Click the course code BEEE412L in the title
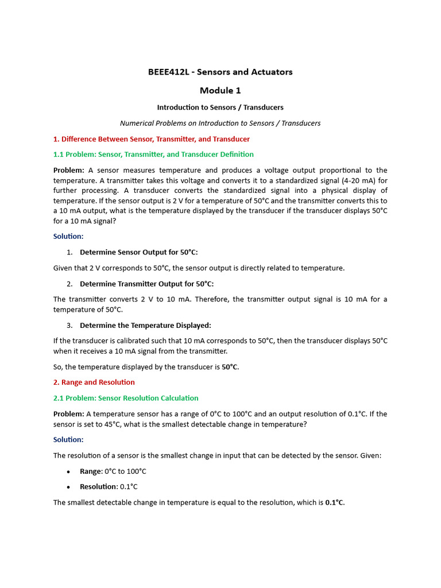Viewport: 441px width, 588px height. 169,72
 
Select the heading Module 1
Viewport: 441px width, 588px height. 220,90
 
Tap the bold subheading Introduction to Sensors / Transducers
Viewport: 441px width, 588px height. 220,107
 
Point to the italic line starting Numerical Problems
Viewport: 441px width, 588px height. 220,123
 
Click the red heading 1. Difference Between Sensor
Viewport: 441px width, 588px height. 151,139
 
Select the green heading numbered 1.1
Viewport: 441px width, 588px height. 153,154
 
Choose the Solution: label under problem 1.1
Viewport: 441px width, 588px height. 68,236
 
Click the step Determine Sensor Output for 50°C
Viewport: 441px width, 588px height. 138,252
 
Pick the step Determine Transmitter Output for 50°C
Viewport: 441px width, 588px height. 146,284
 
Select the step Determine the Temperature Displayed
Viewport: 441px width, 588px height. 145,325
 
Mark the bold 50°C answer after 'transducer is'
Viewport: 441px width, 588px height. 230,367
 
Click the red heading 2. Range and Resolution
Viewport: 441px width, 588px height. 94,382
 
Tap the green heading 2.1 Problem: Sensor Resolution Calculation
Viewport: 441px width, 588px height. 126,398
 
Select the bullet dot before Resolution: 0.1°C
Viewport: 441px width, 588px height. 68,487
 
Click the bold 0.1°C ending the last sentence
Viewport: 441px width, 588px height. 335,502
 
